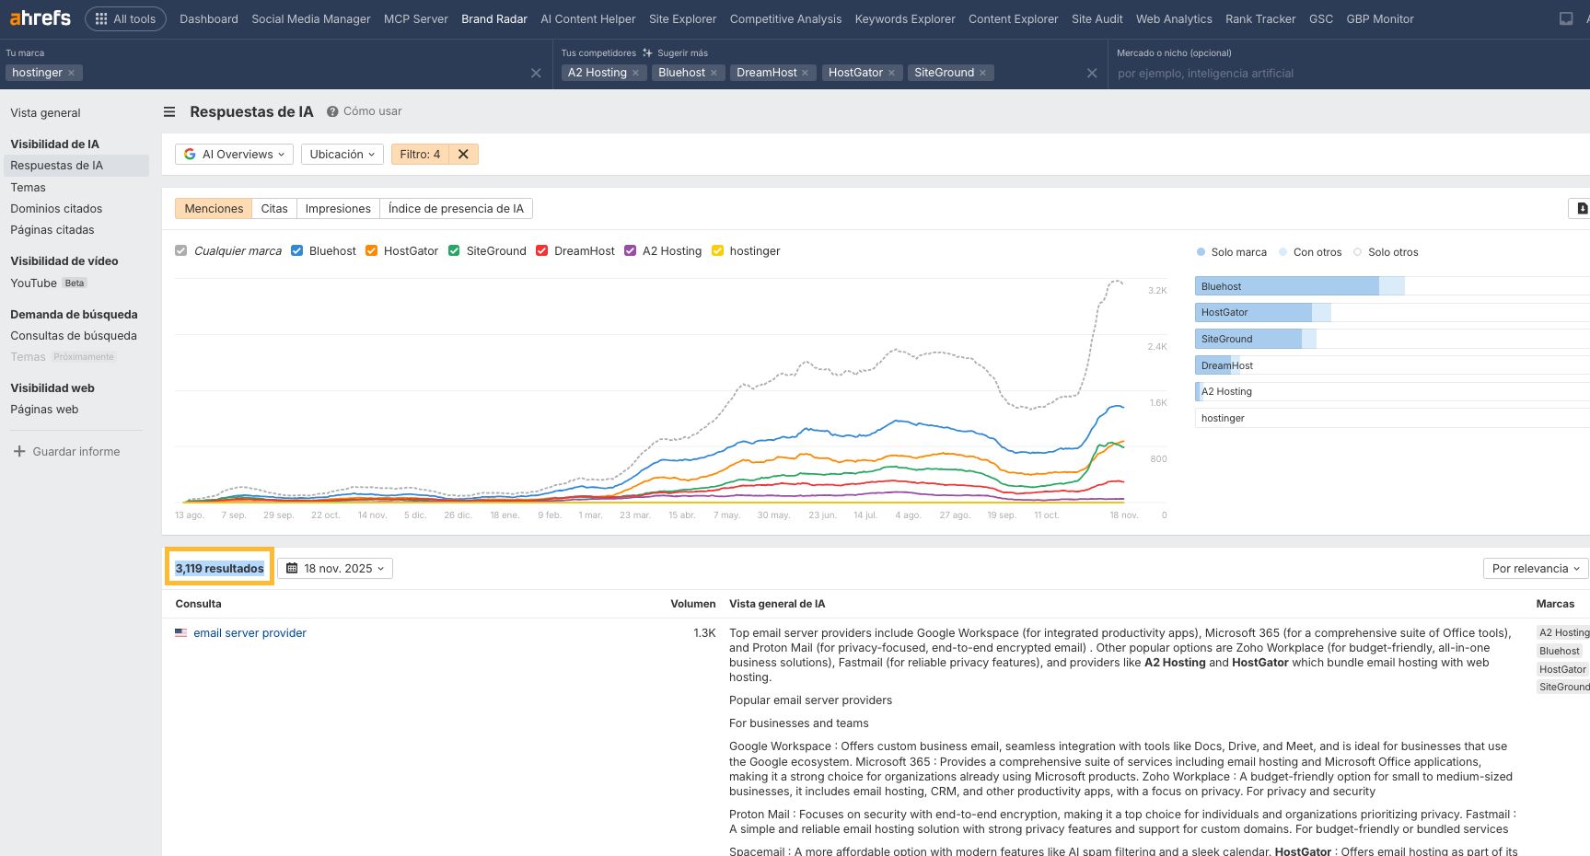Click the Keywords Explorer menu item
[x=904, y=18]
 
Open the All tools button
[x=125, y=18]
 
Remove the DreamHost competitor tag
[x=805, y=73]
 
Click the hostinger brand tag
[x=37, y=73]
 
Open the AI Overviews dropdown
[x=234, y=155]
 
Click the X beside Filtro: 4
[x=463, y=155]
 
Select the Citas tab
[x=273, y=209]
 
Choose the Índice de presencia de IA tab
[x=455, y=209]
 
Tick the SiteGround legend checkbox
[x=454, y=250]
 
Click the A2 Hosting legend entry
[x=671, y=250]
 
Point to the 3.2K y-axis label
[x=1156, y=291]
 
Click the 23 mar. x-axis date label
[x=634, y=515]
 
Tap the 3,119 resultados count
[x=219, y=568]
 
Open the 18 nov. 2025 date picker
[x=335, y=568]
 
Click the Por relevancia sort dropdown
[x=1535, y=568]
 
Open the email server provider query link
[x=250, y=633]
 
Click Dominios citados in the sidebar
[x=56, y=209]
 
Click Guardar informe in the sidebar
[x=75, y=452]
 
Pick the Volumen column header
[x=692, y=604]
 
